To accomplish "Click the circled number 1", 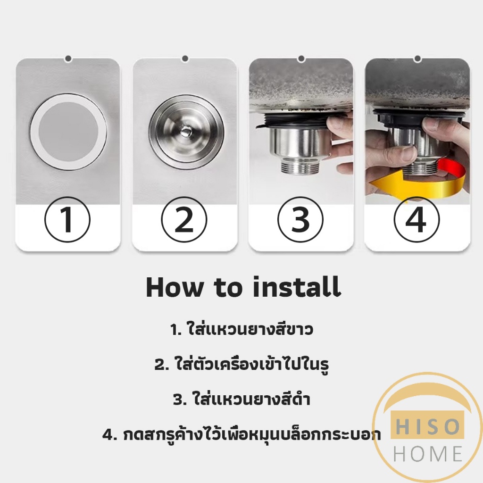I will [x=67, y=220].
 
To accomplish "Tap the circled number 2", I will [x=184, y=220].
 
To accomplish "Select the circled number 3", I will [x=300, y=220].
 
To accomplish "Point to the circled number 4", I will [x=416, y=220].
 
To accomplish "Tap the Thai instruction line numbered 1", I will [x=241, y=330].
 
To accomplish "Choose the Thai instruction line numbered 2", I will [x=241, y=365].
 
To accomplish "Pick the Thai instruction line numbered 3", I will [x=241, y=400].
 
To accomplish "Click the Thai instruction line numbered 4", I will [x=241, y=434].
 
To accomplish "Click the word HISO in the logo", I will [x=427, y=427].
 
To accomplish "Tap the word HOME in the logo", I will [x=427, y=454].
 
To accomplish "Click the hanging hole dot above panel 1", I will [x=68, y=58].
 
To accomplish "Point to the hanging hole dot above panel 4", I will [x=417, y=58].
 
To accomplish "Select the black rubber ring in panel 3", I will [x=300, y=122].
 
